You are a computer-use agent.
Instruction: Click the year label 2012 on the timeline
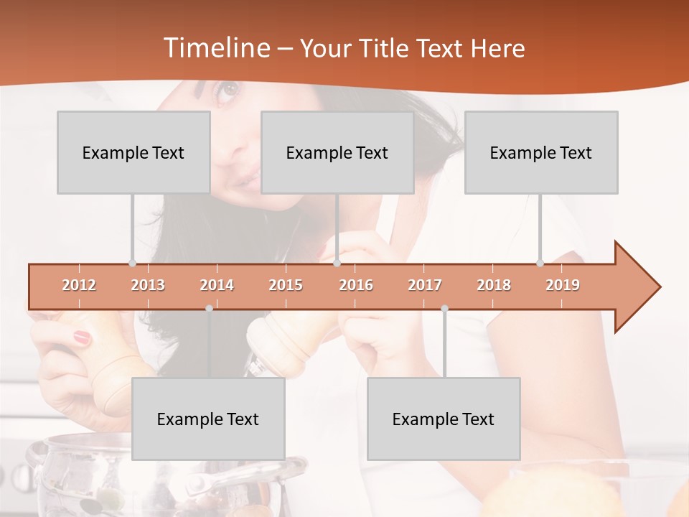79,285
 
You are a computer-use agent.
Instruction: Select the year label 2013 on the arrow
148,285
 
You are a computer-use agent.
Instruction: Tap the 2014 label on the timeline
217,285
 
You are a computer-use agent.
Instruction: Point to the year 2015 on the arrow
286,285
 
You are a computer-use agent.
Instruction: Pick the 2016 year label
356,285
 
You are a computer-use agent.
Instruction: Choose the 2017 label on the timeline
425,285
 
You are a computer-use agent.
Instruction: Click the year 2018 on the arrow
494,285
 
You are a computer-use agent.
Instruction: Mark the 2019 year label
563,285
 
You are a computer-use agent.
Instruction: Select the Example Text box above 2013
133,152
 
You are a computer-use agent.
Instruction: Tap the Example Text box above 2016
337,152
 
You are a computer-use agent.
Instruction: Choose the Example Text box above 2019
541,152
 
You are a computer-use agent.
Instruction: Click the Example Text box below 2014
208,419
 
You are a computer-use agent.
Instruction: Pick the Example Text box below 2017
444,419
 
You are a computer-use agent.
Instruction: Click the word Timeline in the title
215,48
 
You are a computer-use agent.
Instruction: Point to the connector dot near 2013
132,263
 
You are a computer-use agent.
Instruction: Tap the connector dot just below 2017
444,308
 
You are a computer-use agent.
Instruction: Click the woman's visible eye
228,90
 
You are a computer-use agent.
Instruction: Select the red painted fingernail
83,336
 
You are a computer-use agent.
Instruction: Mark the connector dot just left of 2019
540,263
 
